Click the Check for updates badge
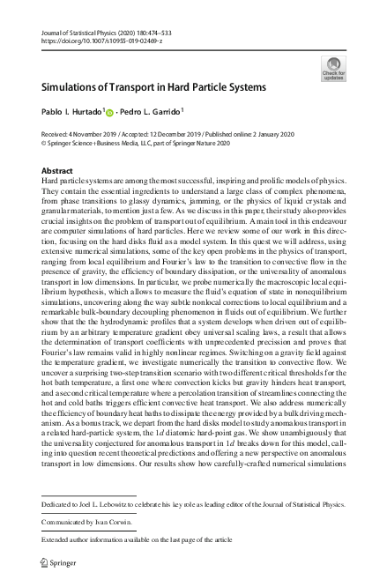pos(335,68)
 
